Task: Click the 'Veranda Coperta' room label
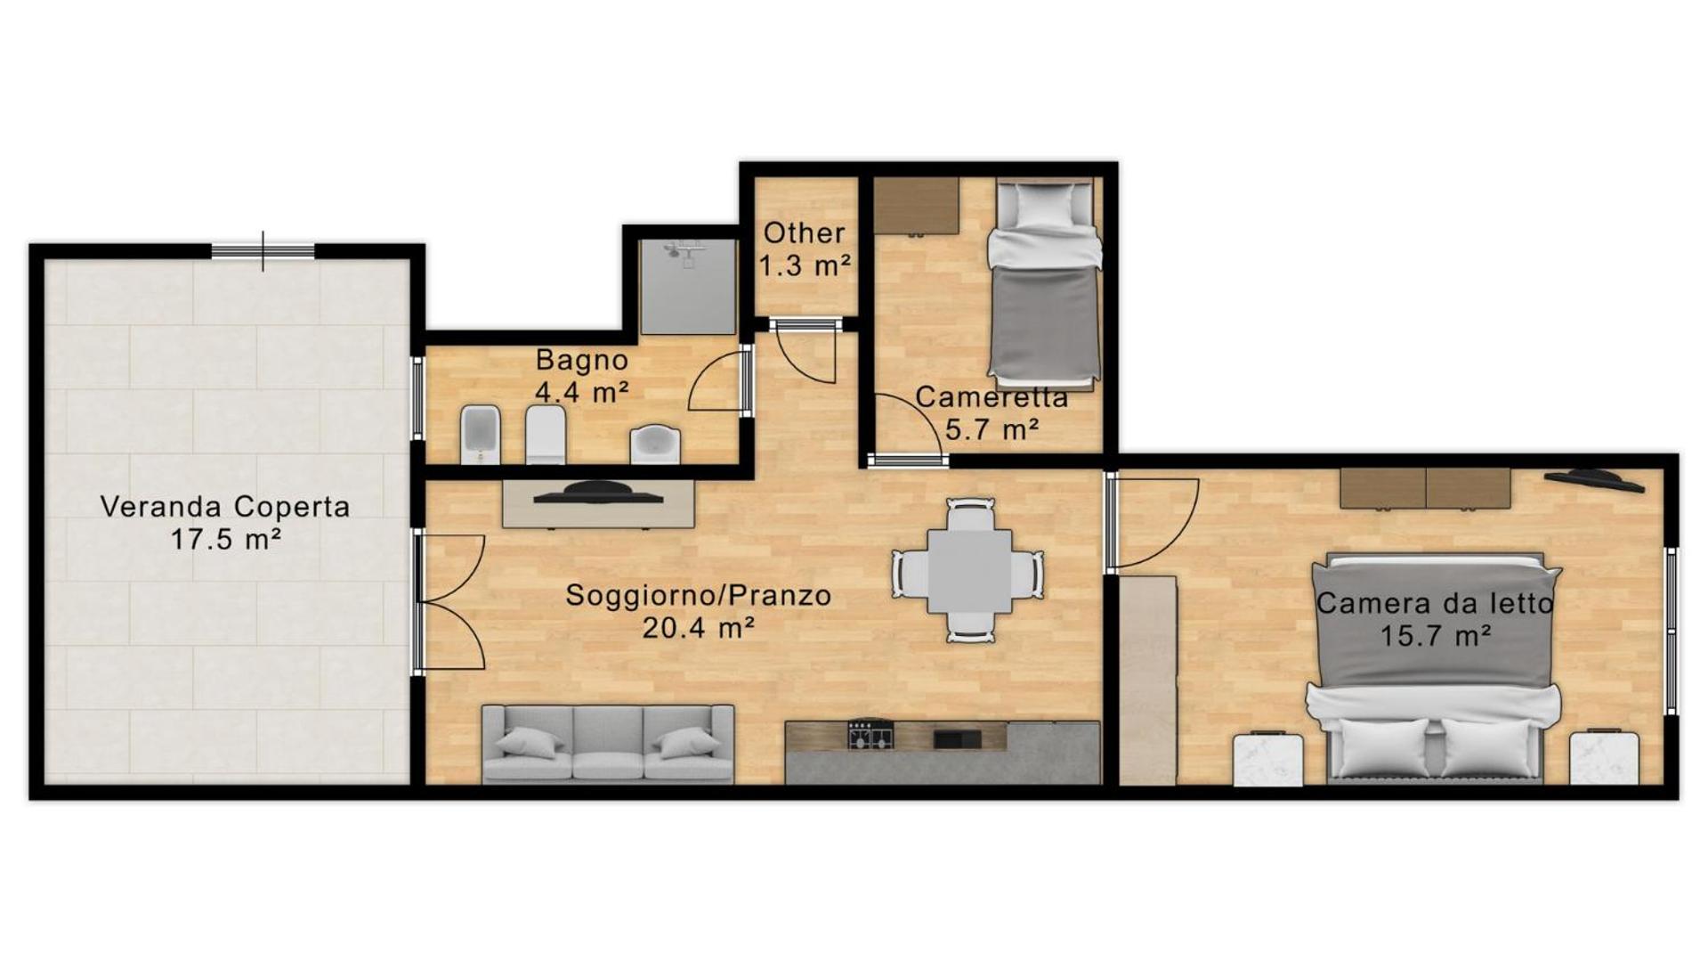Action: coord(225,507)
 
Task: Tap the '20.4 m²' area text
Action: coord(699,628)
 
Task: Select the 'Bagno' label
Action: coord(582,361)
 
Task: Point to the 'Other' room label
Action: coord(804,233)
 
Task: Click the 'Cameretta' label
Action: coord(992,397)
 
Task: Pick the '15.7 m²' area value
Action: coord(1436,636)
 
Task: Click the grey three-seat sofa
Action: coord(608,744)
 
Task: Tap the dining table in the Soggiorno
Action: coord(969,571)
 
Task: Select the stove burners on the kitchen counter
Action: coord(870,735)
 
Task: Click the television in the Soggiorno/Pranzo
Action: coord(598,493)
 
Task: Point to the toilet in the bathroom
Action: coord(546,435)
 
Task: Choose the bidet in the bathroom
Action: coord(482,435)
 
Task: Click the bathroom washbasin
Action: coord(655,444)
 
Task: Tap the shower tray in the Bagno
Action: coord(689,287)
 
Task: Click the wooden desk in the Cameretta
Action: coord(916,206)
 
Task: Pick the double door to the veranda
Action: coord(449,602)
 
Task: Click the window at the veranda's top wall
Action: coord(263,251)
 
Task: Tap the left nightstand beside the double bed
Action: coord(1268,759)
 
